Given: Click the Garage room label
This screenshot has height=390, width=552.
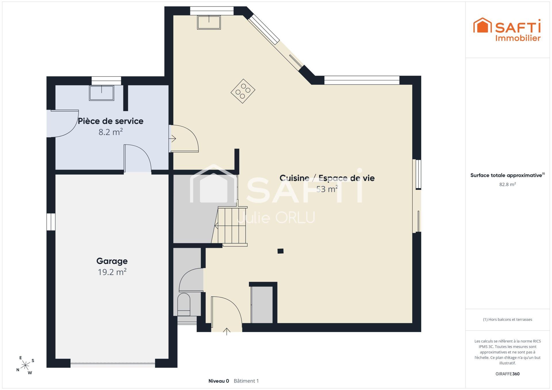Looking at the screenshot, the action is coord(112,261).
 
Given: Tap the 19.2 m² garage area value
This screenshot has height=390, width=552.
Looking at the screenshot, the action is coord(112,272).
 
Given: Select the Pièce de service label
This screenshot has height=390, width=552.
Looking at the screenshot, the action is coord(111,121).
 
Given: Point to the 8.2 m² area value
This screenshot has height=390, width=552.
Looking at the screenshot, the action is coord(111,132).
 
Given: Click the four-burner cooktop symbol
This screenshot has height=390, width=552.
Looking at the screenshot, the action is coord(243,91).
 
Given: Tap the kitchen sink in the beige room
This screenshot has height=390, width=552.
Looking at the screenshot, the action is coord(209,22).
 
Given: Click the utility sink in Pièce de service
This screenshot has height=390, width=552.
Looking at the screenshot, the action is coord(101,93).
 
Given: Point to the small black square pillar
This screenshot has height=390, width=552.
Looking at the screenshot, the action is coord(281,251).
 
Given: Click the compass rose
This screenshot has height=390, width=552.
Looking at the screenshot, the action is coord(26,365).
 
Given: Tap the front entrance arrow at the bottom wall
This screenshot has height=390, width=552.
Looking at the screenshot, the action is coord(227,331).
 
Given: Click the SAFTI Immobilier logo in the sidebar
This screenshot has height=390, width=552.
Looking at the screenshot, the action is coord(507,30).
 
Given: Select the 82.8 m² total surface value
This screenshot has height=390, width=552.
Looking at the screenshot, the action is coord(507,184).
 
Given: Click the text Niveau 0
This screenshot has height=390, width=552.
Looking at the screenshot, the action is coord(219,381).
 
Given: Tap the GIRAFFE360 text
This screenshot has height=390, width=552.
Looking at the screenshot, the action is coord(507,374).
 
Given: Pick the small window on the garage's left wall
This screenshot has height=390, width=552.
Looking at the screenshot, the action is coord(51,222).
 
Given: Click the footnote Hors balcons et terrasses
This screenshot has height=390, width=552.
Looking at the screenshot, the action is coord(507,319).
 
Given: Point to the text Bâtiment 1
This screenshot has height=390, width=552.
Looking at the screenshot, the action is coord(246,381).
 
